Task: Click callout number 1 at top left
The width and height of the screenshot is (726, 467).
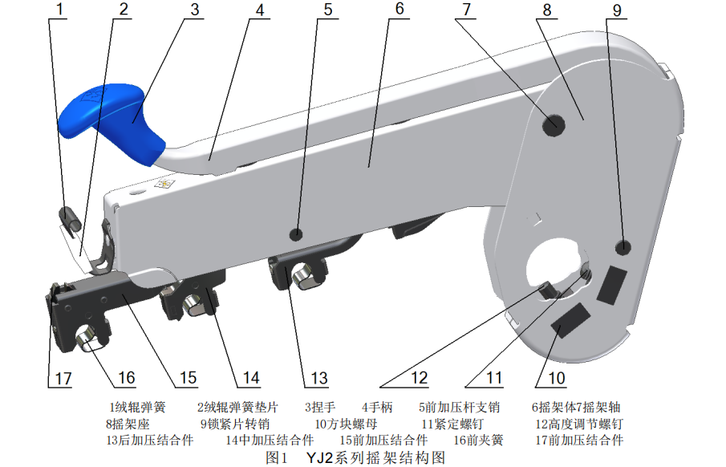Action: coord(57,10)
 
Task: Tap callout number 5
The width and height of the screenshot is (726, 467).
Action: coord(327,10)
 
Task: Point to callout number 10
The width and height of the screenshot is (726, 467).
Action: coord(556,377)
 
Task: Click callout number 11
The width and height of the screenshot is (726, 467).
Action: coord(493,377)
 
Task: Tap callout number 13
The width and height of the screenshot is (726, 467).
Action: coord(319,377)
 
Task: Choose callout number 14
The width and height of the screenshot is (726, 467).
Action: coord(252,377)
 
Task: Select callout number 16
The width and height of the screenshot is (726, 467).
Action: coord(125,377)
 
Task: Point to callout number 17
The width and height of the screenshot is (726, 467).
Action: coord(63,377)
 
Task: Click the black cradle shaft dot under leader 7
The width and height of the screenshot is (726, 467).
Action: coord(554,124)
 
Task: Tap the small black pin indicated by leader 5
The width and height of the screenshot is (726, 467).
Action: coord(297,234)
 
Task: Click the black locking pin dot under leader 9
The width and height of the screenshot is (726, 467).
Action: coord(626,245)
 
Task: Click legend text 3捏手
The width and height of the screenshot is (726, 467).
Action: coord(320,407)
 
